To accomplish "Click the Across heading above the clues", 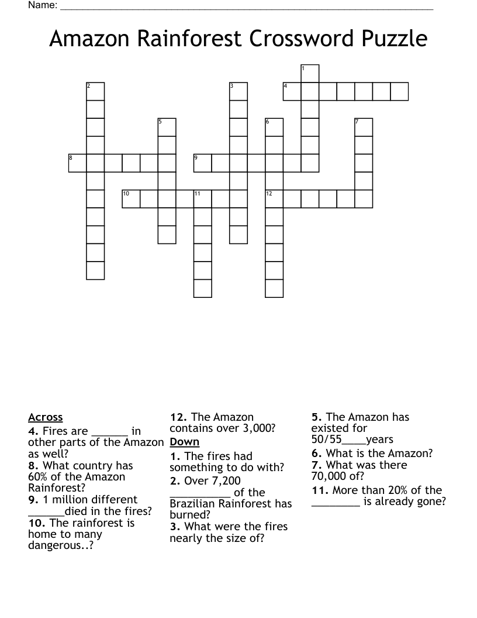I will coord(45,417).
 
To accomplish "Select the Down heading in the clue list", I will coord(185,442).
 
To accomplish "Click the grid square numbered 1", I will coord(310,74).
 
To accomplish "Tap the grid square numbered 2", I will coord(95,92).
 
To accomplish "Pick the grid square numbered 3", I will coord(238,92).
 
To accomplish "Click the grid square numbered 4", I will coord(292,92).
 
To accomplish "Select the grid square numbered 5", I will coord(167,128).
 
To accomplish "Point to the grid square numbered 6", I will coord(274,128).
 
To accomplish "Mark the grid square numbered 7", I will coord(364,128).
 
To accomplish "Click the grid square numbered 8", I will coord(77,163).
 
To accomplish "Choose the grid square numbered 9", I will coord(202,163).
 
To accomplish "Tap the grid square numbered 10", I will coord(131,199).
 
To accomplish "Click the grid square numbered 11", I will coord(202,199).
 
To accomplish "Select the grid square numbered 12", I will coord(274,199).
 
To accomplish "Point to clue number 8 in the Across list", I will coord(33,466).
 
